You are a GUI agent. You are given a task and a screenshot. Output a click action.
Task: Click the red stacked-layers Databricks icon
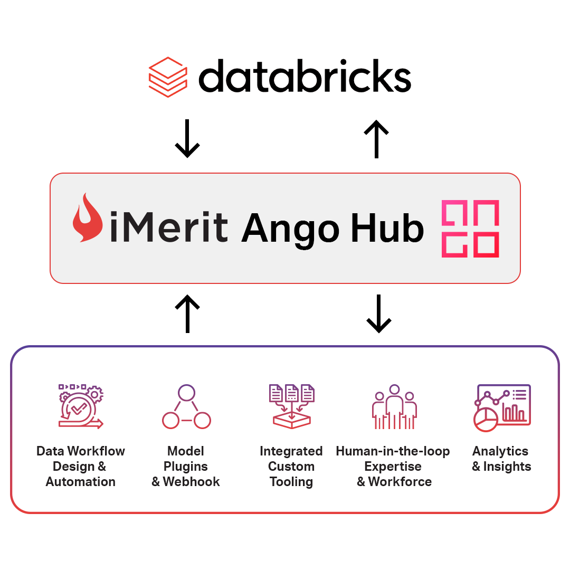pos(168,77)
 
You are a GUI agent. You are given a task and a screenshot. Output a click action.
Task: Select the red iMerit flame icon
pos(88,217)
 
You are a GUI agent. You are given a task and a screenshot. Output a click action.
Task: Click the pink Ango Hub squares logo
pos(470,229)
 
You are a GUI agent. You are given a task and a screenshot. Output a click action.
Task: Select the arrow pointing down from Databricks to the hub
pos(187,139)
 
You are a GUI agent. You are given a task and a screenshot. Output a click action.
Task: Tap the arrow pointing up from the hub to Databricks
pos(376,139)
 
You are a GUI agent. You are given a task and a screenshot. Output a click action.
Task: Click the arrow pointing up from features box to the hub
pos(187,314)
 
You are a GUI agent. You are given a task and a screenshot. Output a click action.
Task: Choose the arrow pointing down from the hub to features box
pos(378,314)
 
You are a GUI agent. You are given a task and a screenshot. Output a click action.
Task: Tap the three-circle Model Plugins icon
pos(186,407)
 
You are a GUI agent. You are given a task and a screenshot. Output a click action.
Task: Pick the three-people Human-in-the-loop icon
pos(394,407)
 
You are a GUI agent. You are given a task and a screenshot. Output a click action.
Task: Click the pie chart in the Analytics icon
pos(485,420)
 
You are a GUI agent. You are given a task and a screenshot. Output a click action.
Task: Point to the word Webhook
pos(191,482)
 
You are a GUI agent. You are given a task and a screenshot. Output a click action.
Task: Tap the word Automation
pos(81,482)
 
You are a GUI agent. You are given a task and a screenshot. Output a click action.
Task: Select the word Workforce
pos(400,482)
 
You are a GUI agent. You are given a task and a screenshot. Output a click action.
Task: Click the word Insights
pos(507,467)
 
